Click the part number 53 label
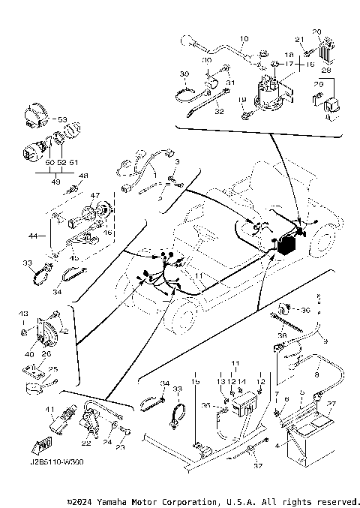61,119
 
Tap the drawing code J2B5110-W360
58,462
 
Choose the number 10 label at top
243,38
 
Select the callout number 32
219,110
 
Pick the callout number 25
52,369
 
